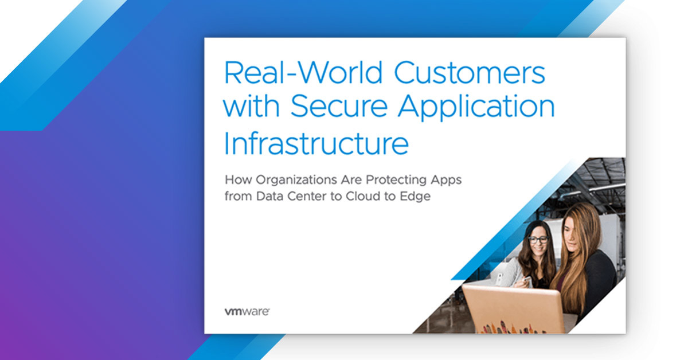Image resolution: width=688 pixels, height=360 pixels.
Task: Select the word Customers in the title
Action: point(470,72)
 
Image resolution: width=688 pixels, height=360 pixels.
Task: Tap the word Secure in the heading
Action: point(339,105)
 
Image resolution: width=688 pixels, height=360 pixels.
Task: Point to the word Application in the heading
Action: point(476,107)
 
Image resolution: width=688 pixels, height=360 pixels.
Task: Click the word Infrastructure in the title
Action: point(316,143)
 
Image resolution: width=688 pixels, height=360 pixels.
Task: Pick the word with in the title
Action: point(251,105)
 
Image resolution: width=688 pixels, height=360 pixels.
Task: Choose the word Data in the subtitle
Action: point(269,196)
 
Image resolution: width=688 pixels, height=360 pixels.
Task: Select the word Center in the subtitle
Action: point(307,196)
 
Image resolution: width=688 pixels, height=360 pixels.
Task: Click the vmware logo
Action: point(247,311)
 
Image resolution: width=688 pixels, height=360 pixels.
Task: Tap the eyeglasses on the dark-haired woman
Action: point(538,239)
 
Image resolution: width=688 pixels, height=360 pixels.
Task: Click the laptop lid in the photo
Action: point(514,309)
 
